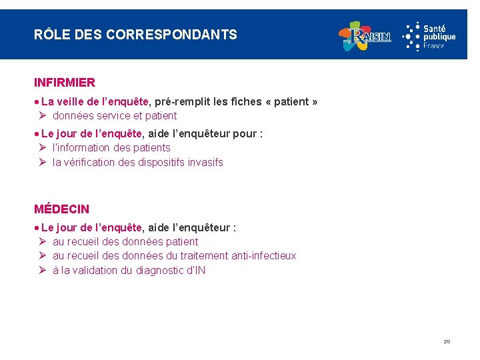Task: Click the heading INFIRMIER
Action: pyautogui.click(x=65, y=83)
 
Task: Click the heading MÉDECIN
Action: pyautogui.click(x=61, y=209)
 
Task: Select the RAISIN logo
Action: pyautogui.click(x=365, y=36)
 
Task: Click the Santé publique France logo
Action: pyautogui.click(x=429, y=35)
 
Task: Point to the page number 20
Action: pyautogui.click(x=447, y=341)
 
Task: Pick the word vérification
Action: pyautogui.click(x=91, y=162)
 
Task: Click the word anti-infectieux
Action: pyautogui.click(x=263, y=255)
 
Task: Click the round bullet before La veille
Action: pyautogui.click(x=37, y=102)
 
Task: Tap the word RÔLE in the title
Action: pyautogui.click(x=48, y=35)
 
